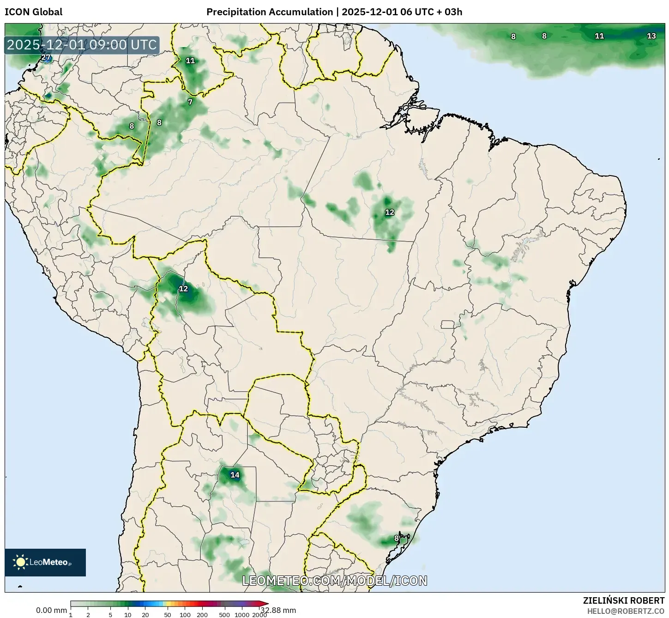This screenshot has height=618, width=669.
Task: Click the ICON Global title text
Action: click(33, 12)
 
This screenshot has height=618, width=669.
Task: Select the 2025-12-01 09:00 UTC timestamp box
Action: click(82, 45)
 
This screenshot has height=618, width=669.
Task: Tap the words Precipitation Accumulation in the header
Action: click(269, 12)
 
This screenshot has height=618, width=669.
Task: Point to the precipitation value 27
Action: click(46, 58)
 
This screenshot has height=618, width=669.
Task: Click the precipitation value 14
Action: click(235, 475)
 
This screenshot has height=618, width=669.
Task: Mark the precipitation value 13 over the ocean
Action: click(651, 36)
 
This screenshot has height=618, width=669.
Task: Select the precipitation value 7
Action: click(190, 102)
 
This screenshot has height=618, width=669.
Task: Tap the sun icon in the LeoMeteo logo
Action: click(20, 562)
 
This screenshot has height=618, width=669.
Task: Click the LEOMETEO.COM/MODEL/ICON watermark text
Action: click(335, 581)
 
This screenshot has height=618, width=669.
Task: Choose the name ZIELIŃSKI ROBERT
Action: click(624, 601)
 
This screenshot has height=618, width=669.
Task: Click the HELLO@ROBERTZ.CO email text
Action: click(626, 611)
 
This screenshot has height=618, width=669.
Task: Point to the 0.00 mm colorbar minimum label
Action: click(51, 610)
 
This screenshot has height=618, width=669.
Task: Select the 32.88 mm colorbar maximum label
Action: click(278, 610)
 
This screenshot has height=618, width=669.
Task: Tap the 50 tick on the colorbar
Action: click(168, 615)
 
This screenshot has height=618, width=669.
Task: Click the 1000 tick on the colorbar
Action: click(242, 615)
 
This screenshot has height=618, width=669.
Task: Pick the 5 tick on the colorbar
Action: click(110, 615)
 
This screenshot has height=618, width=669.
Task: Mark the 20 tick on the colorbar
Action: click(145, 615)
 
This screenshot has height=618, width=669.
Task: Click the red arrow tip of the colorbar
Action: click(265, 603)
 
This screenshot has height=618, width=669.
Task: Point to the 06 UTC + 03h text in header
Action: click(431, 12)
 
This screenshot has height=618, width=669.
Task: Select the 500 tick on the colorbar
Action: click(224, 615)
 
